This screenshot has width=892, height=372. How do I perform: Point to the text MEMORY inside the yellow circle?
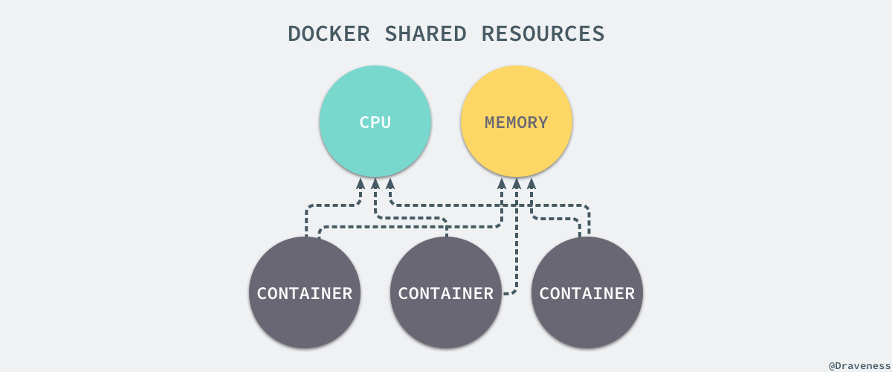click(517, 123)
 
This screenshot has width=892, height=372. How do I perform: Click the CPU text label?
click(375, 123)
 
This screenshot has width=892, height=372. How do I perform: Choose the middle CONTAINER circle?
click(446, 312)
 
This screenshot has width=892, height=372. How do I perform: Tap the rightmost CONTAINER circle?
click(587, 312)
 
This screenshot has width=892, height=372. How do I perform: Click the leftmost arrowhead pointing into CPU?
click(361, 183)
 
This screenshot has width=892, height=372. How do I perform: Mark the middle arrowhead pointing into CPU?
click(375, 182)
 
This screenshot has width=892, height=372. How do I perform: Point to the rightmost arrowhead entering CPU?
click(390, 183)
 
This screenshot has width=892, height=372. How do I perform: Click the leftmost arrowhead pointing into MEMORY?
click(502, 183)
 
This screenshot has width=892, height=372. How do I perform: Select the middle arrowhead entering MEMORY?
click(517, 182)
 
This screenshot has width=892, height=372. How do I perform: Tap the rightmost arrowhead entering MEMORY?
click(531, 183)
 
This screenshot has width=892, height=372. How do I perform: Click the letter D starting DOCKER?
click(295, 33)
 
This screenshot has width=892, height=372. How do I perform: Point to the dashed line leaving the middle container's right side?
click(508, 293)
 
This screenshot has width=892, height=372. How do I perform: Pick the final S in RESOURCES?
click(598, 33)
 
